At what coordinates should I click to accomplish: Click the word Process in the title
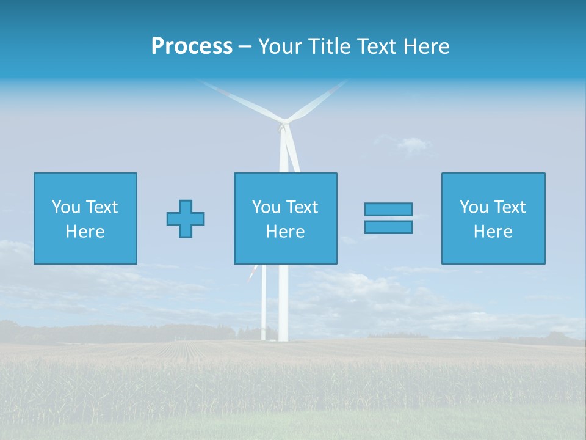click(x=192, y=46)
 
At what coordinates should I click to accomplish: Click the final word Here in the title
click(x=425, y=46)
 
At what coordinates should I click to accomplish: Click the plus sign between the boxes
click(x=186, y=219)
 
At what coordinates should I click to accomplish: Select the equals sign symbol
click(x=388, y=218)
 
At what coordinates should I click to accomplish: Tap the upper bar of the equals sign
click(x=388, y=209)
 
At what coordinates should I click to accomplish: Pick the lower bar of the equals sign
click(x=388, y=227)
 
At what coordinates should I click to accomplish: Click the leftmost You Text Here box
click(x=85, y=219)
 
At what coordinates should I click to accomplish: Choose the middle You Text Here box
click(x=285, y=219)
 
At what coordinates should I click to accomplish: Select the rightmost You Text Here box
click(x=493, y=219)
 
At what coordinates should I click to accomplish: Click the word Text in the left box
click(x=101, y=207)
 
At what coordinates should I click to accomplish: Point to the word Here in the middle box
click(x=285, y=232)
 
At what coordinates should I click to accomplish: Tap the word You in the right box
click(x=474, y=207)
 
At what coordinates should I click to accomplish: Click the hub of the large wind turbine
click(x=283, y=126)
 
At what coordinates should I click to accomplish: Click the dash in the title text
click(x=245, y=46)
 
